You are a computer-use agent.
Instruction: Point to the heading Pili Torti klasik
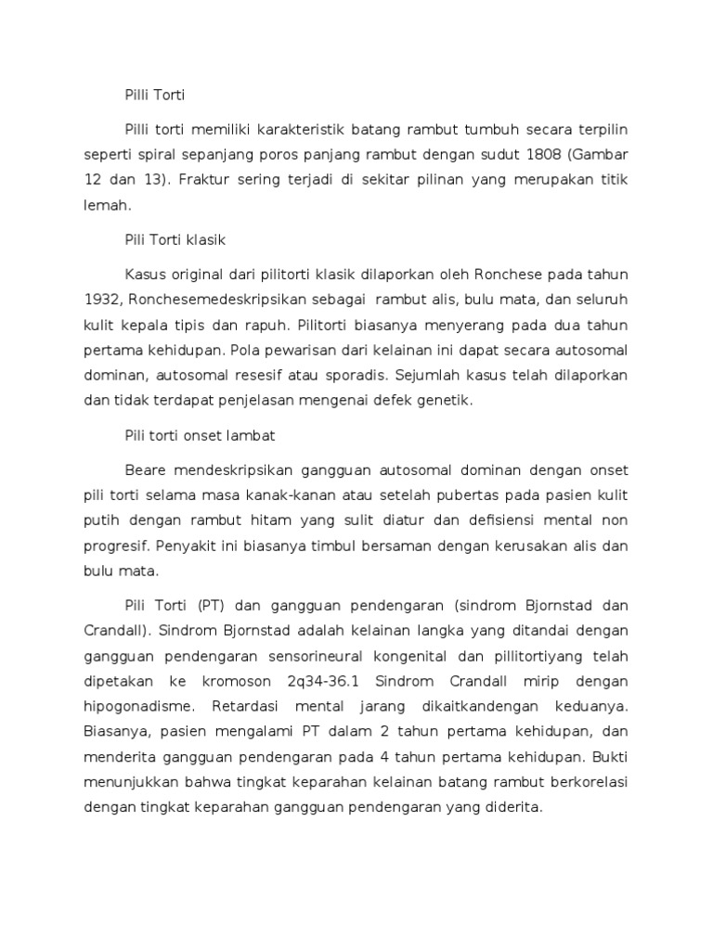click(175, 239)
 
